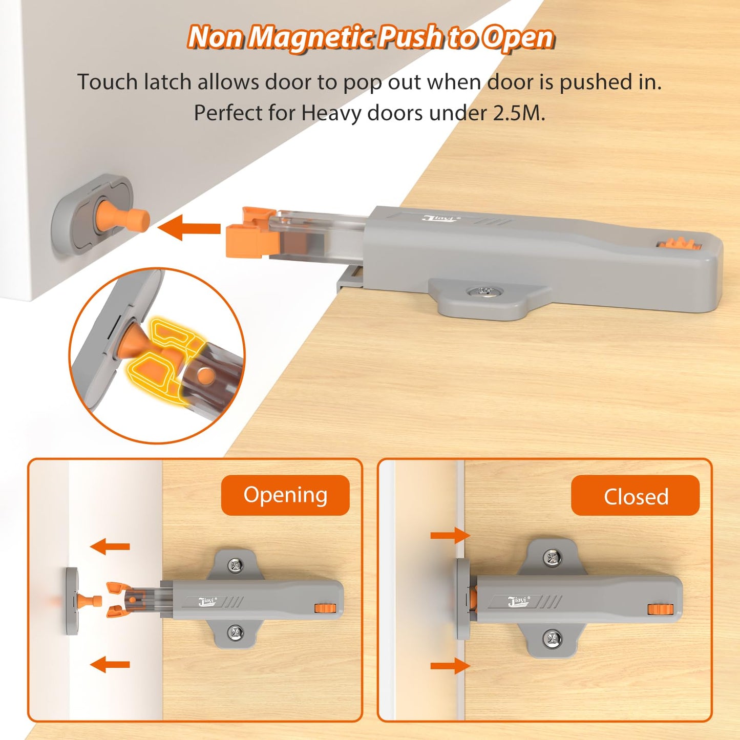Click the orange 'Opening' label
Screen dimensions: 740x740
tap(285, 495)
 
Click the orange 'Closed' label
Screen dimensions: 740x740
tap(635, 496)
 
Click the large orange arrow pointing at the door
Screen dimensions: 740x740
tap(189, 228)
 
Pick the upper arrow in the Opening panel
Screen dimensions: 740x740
tap(110, 546)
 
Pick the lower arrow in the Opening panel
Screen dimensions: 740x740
tap(110, 665)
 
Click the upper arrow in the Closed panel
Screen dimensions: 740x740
tap(450, 536)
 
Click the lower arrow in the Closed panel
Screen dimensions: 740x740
tap(450, 666)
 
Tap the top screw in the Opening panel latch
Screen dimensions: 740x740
tap(235, 565)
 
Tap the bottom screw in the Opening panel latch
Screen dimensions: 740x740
tap(235, 632)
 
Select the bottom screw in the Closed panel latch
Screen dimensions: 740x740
tap(552, 639)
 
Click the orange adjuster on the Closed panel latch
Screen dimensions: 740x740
tap(660, 609)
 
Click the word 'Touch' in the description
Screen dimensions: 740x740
tap(108, 82)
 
